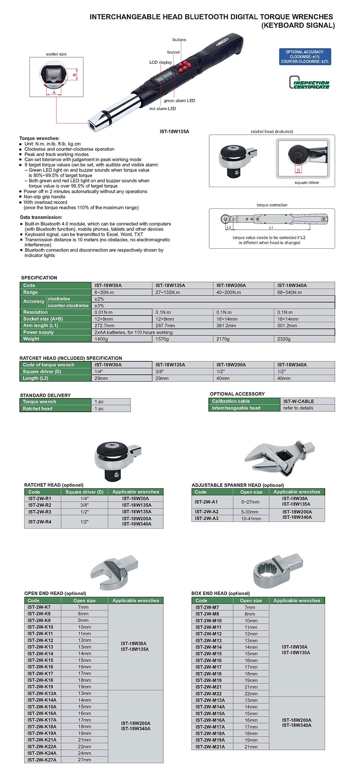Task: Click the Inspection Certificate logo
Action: coord(309,82)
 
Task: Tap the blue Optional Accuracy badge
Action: coord(305,57)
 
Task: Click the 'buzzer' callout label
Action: coord(173,52)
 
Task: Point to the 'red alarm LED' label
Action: coord(162,109)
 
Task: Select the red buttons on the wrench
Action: coord(183,66)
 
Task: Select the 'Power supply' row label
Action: coord(38,332)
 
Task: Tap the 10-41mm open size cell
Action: coord(251,519)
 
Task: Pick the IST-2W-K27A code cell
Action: coord(42,760)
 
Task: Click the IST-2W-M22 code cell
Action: coord(208,694)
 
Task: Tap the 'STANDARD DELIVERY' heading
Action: coord(45,395)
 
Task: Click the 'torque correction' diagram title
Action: coord(272,205)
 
